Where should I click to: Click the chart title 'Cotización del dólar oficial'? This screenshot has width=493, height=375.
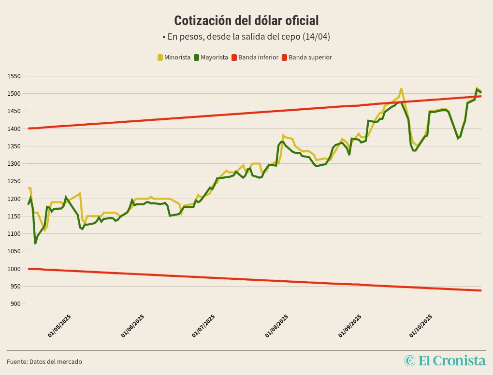point(246,21)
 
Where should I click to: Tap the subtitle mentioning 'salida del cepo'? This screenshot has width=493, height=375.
point(246,37)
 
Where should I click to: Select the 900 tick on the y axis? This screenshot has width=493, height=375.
point(15,304)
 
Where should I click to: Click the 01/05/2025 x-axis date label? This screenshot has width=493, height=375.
point(59,326)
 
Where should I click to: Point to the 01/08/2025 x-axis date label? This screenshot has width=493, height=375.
point(276,326)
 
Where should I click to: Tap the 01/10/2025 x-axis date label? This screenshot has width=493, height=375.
point(421,326)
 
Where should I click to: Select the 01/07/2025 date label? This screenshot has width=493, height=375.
point(203,326)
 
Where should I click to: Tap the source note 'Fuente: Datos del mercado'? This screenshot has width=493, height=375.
point(44,361)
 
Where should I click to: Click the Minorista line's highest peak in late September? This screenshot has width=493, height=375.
point(401,89)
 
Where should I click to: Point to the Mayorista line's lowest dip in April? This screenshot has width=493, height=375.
point(35,243)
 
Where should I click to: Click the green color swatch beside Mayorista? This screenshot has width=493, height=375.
point(197,58)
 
